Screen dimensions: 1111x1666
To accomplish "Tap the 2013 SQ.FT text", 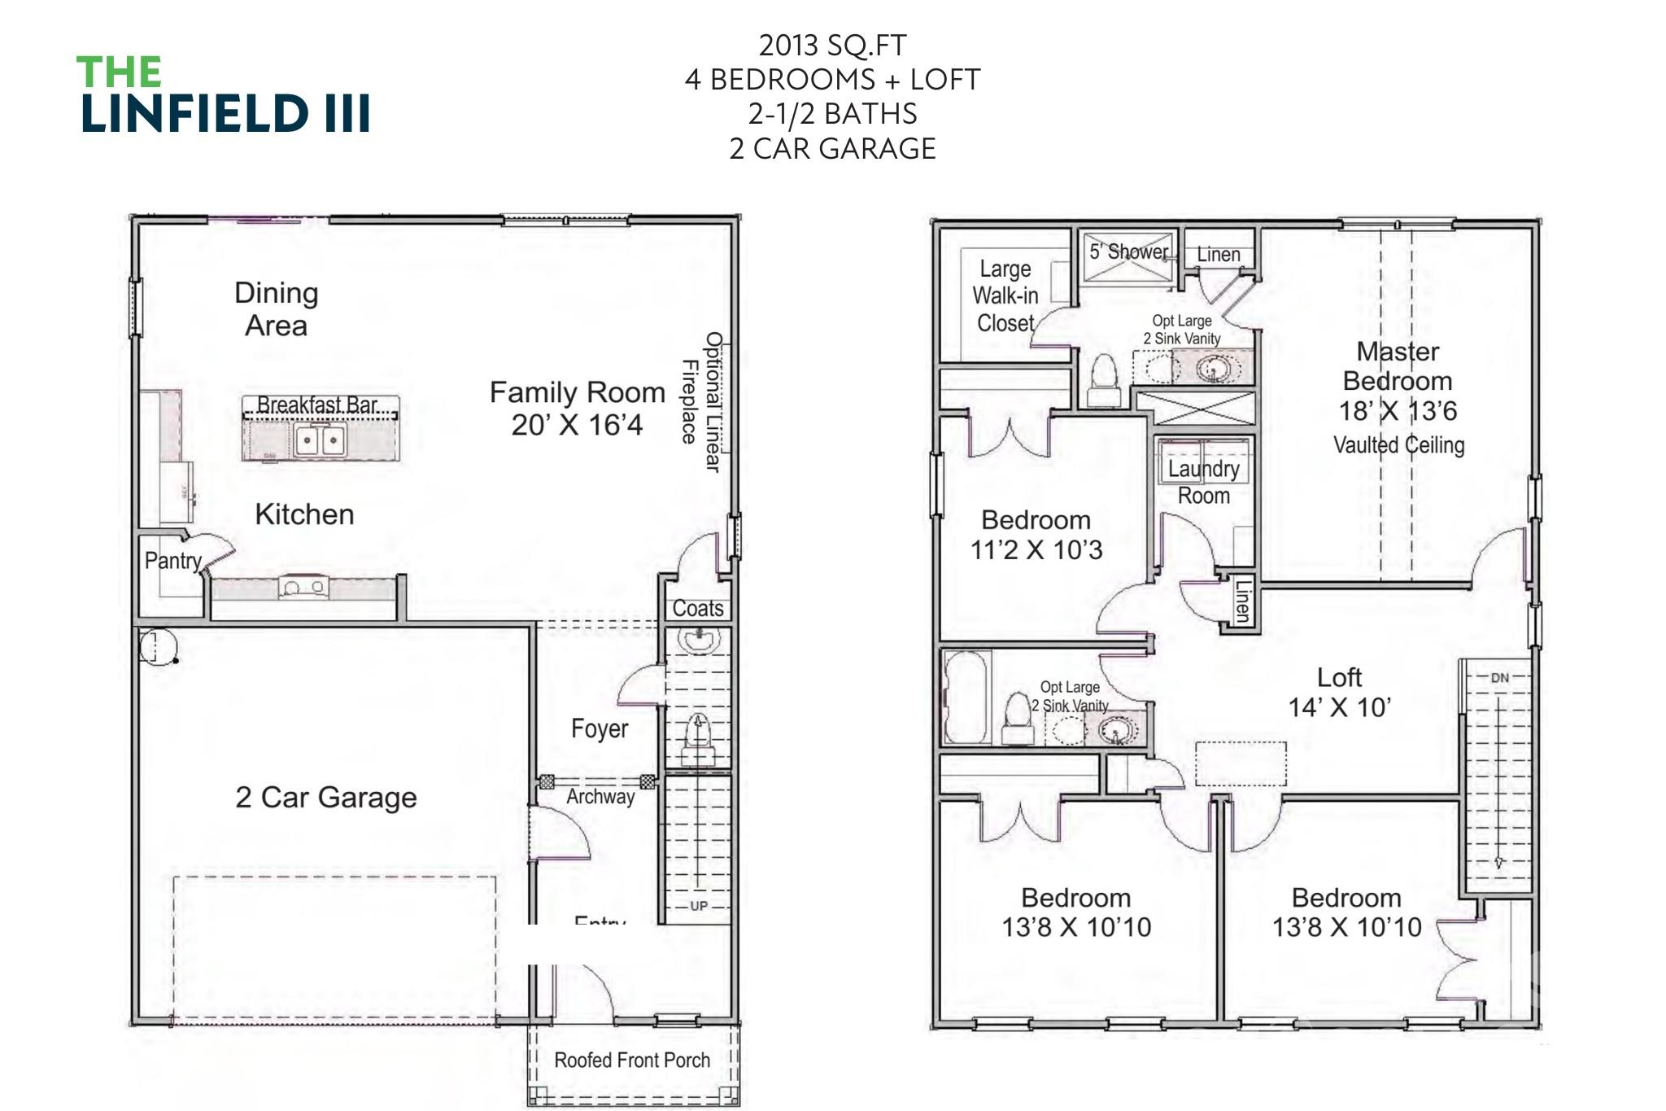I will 832,46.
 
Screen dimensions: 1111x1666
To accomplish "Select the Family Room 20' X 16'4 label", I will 577,409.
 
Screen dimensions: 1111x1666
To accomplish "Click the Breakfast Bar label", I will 317,405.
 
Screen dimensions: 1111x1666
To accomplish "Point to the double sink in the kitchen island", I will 320,441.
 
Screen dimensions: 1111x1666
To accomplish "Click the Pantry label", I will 172,561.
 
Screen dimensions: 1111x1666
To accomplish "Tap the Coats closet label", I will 697,608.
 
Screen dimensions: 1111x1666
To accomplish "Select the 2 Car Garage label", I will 325,797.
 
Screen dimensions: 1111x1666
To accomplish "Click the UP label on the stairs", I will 699,906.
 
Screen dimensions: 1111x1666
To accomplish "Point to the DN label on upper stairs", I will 1499,678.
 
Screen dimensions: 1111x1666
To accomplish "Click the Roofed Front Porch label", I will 631,1060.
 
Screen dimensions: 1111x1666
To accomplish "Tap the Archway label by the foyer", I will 600,796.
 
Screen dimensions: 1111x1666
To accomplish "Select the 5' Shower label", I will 1128,252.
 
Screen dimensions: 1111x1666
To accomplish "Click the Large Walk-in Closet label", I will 1005,295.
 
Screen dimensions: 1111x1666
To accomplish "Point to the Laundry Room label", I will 1203,482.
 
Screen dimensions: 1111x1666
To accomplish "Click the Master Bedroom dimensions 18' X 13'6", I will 1398,411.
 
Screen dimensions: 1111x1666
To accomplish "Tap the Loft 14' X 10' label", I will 1339,692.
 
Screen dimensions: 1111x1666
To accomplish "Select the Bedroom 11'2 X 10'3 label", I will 1036,535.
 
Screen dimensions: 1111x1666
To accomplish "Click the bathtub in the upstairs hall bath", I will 966,697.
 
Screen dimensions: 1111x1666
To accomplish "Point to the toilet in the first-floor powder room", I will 697,737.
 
